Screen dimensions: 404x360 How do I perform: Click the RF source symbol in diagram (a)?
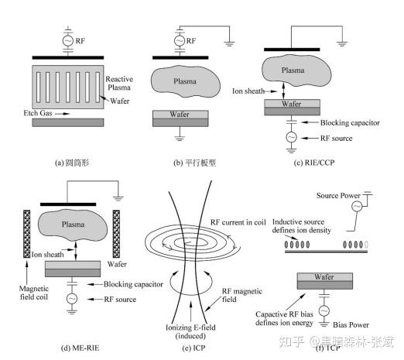coord(67,40)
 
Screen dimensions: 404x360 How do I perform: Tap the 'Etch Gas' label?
coord(38,113)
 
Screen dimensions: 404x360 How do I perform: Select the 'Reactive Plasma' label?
coord(119,83)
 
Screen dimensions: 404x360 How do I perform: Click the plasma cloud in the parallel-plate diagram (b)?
coord(185,81)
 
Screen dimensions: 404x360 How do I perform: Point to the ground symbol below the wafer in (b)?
coord(180,138)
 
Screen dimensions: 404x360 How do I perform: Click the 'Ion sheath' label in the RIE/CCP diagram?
coord(248,91)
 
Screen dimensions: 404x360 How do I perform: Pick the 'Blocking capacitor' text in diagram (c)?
coord(350,122)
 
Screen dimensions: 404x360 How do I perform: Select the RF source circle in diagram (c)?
coord(291,137)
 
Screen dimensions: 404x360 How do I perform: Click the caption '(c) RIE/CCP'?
coord(314,163)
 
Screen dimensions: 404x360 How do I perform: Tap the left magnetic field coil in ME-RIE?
coord(27,234)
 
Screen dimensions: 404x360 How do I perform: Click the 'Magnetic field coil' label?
coord(34,293)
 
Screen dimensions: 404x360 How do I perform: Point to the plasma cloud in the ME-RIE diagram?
coord(73,225)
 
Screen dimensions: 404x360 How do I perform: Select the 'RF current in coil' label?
coord(238,222)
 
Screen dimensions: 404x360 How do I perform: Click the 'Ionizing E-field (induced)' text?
coord(190,331)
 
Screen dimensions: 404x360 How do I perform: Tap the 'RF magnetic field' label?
coord(242,295)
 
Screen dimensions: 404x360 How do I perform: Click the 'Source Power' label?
coord(338,196)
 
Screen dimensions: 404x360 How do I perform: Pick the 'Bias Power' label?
coord(351,324)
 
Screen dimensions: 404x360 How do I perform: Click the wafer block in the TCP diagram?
coord(325,281)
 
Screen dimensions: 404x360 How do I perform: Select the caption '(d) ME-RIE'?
coord(80,348)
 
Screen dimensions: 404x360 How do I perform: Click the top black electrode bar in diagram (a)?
coord(68,57)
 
